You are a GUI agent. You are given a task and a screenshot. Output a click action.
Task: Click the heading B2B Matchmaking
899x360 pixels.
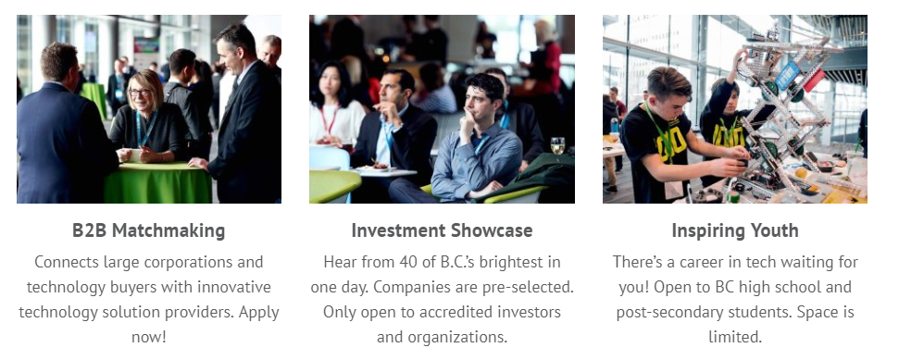pyautogui.click(x=148, y=230)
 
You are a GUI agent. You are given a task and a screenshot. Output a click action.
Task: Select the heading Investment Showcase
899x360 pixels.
pyautogui.click(x=442, y=230)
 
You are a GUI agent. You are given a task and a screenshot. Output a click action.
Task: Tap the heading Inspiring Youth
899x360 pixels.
pyautogui.click(x=735, y=230)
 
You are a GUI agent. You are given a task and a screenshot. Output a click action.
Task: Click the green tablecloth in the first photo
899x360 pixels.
pyautogui.click(x=158, y=183)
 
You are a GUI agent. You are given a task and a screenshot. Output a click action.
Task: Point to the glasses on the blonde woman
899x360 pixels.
pyautogui.click(x=139, y=93)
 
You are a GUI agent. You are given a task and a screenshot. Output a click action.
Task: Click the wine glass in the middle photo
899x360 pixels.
pyautogui.click(x=557, y=145)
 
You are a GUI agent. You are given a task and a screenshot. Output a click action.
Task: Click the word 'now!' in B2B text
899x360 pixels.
pyautogui.click(x=148, y=337)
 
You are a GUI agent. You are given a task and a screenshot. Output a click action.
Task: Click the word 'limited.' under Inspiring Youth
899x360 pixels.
pyautogui.click(x=735, y=337)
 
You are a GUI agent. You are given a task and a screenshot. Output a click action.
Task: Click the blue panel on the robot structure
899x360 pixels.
pyautogui.click(x=787, y=75)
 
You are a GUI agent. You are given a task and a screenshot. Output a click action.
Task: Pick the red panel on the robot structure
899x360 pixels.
pyautogui.click(x=814, y=81)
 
